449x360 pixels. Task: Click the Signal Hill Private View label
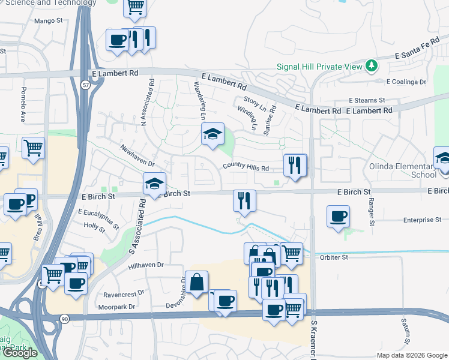coord(319,67)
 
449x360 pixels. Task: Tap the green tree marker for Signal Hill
coord(372,65)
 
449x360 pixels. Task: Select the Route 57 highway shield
coord(86,85)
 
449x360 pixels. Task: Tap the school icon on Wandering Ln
coord(212,134)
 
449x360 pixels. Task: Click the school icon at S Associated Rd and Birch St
coord(154,184)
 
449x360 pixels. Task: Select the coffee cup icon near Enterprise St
coord(339,215)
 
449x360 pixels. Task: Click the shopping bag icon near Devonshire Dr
coord(197,281)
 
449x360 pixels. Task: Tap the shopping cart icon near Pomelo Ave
coord(34,147)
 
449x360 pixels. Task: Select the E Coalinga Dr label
coord(406,82)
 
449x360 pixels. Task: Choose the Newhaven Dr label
coord(137,155)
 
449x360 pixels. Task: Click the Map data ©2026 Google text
coord(411,355)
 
